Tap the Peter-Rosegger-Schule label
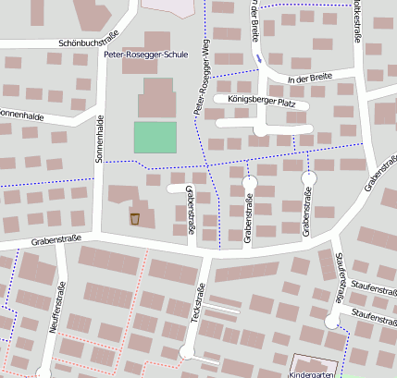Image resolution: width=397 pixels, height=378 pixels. [x=146, y=55]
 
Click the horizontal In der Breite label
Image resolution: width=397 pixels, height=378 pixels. [x=308, y=79]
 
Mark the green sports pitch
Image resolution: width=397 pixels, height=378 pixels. [x=155, y=137]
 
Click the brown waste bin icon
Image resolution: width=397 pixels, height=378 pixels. [x=135, y=219]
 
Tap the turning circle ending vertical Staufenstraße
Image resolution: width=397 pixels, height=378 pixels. [x=331, y=321]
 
